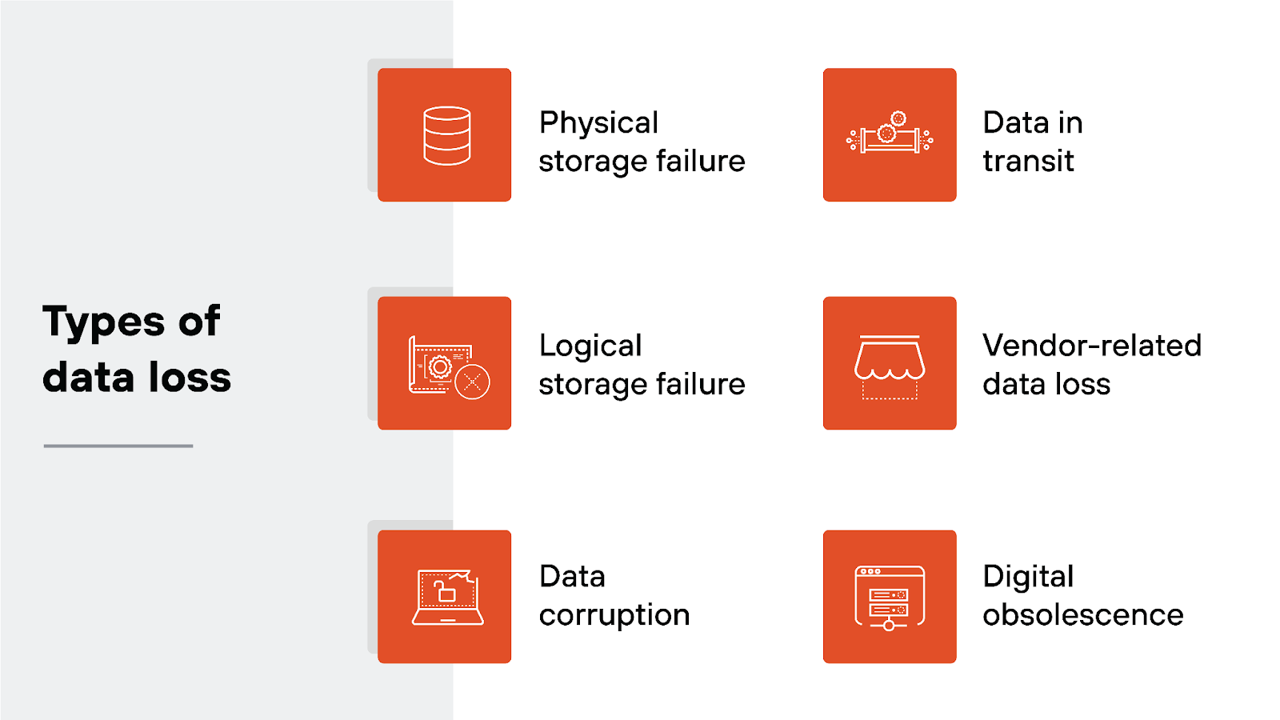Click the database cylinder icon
click(446, 135)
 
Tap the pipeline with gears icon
click(890, 135)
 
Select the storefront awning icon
click(890, 365)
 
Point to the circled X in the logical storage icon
click(472, 382)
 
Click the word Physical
click(598, 123)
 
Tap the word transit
click(1028, 162)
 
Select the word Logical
click(590, 346)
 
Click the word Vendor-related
click(1092, 346)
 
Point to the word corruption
click(614, 615)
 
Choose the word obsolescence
click(1082, 615)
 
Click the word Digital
click(1028, 577)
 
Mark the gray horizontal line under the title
click(118, 446)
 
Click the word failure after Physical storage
click(700, 162)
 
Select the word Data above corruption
click(572, 577)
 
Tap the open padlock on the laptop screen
click(444, 591)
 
